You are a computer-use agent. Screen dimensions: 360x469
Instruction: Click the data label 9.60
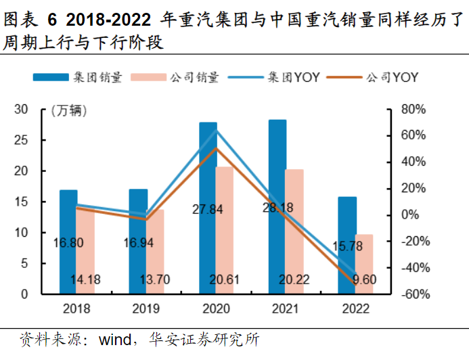[x=364, y=279]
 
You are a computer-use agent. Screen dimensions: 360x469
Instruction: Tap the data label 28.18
[x=278, y=208]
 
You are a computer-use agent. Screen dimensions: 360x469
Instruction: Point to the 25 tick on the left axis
[x=21, y=140]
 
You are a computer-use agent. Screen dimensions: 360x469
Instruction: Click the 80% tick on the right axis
[x=412, y=109]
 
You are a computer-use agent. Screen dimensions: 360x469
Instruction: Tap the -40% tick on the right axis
[x=411, y=268]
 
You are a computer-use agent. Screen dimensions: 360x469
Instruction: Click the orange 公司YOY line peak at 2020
[x=216, y=148]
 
